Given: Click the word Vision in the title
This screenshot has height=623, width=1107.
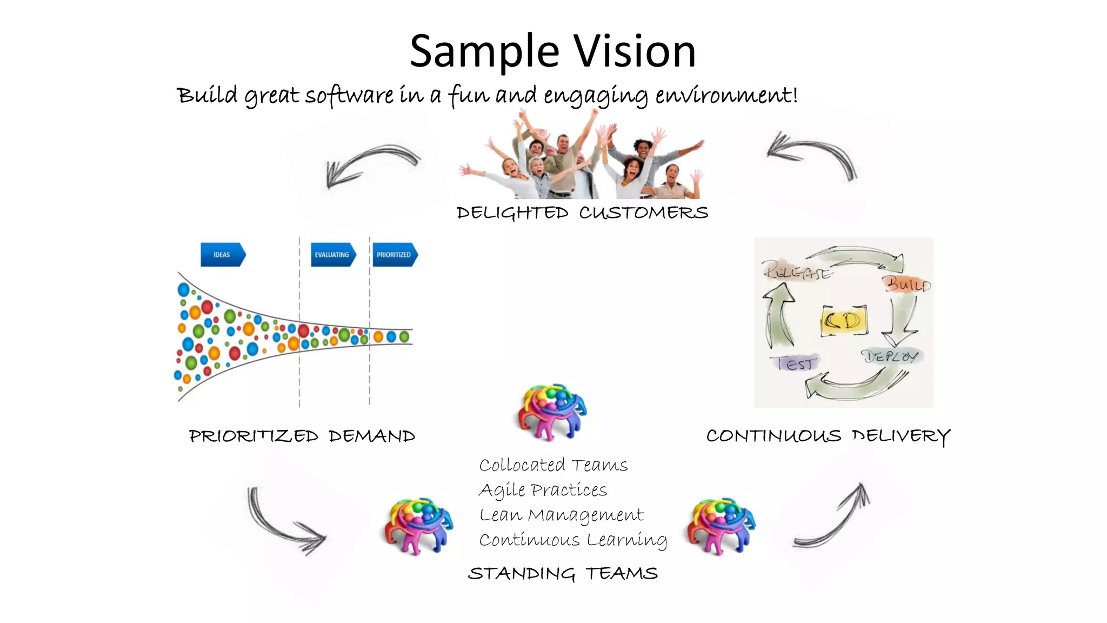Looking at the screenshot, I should pos(635,51).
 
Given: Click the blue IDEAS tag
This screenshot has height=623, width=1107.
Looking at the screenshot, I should pos(222,255).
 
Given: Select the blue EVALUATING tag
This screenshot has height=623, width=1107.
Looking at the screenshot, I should pos(332,255).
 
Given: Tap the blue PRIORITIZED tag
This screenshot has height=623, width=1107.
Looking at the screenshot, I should pos(394,255).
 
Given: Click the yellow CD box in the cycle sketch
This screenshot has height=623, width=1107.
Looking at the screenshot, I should pos(844,321).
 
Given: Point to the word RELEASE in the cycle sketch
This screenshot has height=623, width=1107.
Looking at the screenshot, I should pos(797,270).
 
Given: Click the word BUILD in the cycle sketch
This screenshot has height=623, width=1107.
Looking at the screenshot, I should pos(907,284).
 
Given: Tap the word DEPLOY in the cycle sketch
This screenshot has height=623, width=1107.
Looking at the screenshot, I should pos(890,356).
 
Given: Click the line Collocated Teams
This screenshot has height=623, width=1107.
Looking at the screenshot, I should pos(553,465).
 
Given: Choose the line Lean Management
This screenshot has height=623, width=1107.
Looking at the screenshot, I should pos(561,515).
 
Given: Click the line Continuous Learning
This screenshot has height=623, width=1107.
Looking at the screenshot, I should pos(572,540).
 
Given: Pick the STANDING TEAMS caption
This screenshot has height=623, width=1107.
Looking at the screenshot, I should pos(563,573).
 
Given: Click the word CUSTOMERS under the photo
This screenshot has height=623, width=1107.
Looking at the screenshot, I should pos(643,213).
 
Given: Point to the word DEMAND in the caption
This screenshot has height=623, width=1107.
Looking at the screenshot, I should pos(372,436).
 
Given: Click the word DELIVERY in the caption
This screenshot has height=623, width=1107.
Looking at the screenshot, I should pos(901,436).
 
